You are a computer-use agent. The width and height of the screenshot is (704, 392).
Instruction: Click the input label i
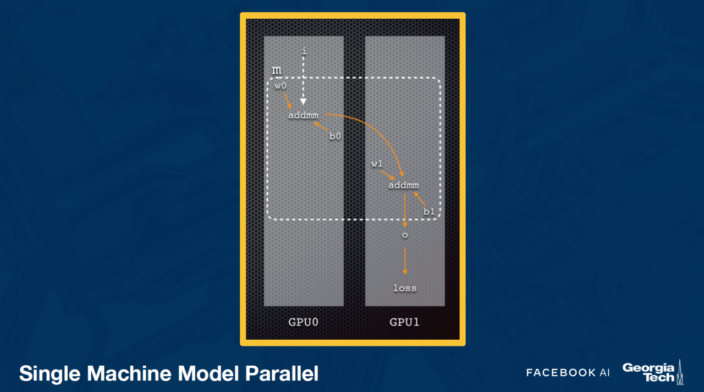pyautogui.click(x=304, y=51)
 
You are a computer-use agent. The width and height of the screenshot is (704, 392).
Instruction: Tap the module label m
pyautogui.click(x=277, y=70)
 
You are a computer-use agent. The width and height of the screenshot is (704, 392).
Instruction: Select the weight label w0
pyautogui.click(x=280, y=86)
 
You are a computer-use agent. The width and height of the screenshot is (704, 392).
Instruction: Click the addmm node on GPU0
pyautogui.click(x=303, y=115)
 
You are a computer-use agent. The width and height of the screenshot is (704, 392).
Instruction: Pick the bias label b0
pyautogui.click(x=335, y=136)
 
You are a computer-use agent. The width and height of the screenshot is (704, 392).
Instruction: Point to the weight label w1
pyautogui.click(x=377, y=164)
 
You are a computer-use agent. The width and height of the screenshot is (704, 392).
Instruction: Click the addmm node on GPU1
pyautogui.click(x=404, y=185)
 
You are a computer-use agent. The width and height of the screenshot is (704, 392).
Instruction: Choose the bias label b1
pyautogui.click(x=429, y=211)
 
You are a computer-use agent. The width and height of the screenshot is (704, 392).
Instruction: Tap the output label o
pyautogui.click(x=405, y=235)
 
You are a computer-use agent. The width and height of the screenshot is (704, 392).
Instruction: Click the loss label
pyautogui.click(x=405, y=288)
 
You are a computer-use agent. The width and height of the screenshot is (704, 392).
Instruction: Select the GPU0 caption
pyautogui.click(x=303, y=322)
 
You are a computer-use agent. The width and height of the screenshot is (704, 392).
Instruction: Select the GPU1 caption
pyautogui.click(x=404, y=322)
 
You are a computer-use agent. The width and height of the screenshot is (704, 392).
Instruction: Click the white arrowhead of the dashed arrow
pyautogui.click(x=303, y=102)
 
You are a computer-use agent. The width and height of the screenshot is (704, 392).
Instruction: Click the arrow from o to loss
pyautogui.click(x=405, y=261)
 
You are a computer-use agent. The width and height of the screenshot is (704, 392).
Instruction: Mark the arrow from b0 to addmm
pyautogui.click(x=321, y=126)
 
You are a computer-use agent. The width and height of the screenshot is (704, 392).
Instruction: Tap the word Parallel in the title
pyautogui.click(x=282, y=373)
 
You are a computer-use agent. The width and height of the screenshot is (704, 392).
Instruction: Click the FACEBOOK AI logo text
pyautogui.click(x=568, y=373)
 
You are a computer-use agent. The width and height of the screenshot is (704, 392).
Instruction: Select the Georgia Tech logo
pyautogui.click(x=653, y=372)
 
